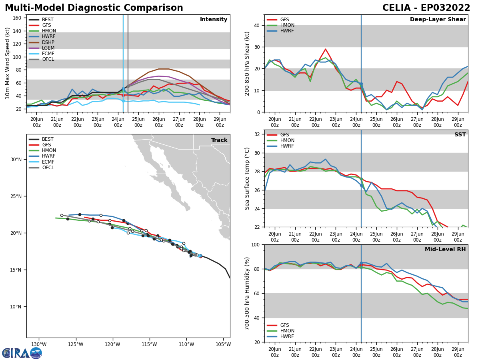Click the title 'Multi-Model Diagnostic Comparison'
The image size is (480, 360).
click(x=94, y=8)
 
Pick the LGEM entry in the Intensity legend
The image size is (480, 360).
click(x=48, y=48)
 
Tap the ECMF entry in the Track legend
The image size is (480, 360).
click(x=48, y=162)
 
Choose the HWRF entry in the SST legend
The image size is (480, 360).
click(x=287, y=146)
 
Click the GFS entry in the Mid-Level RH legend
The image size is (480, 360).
click(x=284, y=325)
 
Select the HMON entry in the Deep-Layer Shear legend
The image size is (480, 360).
click(x=287, y=25)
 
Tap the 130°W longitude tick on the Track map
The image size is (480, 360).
click(x=39, y=344)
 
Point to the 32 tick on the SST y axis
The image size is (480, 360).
click(x=257, y=134)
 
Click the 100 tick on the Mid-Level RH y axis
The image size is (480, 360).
click(x=255, y=244)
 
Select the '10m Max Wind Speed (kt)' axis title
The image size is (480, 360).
click(x=8, y=63)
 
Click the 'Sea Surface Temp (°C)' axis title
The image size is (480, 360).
click(x=248, y=178)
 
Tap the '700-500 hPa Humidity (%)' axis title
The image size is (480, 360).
click(x=248, y=293)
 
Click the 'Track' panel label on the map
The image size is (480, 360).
click(x=219, y=140)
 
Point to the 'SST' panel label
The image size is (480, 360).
click(x=460, y=135)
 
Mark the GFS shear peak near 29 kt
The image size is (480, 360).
click(x=326, y=49)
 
